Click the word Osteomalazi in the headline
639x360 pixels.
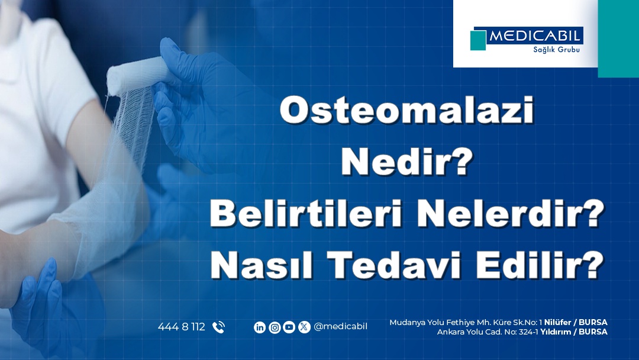(406, 111)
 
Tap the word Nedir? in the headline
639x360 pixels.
(406, 162)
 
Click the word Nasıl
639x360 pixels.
(262, 265)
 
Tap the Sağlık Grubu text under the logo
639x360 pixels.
(556, 50)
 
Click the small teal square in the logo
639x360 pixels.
(478, 40)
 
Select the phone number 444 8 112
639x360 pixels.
(182, 327)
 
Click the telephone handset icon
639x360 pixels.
(218, 327)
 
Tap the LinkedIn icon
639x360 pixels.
(260, 327)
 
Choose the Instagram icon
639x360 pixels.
(275, 327)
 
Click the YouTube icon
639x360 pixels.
(289, 327)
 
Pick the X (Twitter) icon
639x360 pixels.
(304, 327)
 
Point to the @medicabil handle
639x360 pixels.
(340, 327)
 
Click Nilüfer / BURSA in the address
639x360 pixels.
(576, 323)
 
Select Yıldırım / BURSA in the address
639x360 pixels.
(574, 332)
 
